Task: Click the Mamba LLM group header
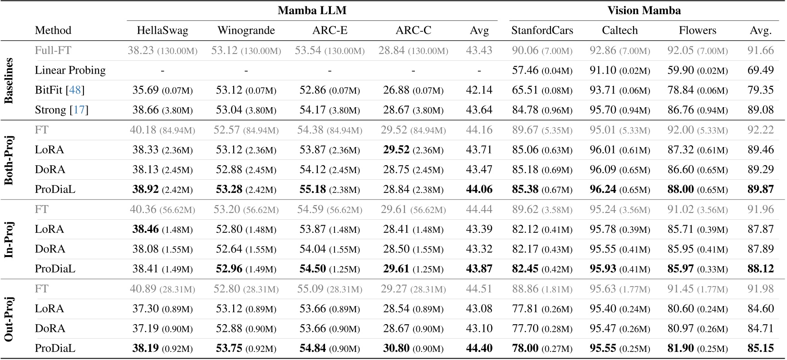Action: tap(312, 10)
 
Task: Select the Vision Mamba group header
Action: tap(644, 10)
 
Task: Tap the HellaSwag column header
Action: tap(162, 30)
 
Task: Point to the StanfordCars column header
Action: tap(542, 30)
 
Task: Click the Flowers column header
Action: tap(697, 30)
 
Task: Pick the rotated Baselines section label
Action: tap(9, 81)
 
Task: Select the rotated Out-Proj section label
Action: tap(9, 319)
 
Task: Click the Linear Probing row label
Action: tap(70, 70)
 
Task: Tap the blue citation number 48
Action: tap(75, 90)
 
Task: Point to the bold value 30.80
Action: tap(396, 348)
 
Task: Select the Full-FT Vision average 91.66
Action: tap(760, 50)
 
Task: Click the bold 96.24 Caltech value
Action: tap(603, 189)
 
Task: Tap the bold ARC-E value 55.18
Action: tap(312, 189)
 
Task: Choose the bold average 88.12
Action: tap(760, 269)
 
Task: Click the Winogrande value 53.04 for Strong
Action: tap(229, 110)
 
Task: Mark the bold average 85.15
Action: tap(760, 348)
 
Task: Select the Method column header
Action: tap(53, 30)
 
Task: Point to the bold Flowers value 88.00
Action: tap(680, 189)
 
